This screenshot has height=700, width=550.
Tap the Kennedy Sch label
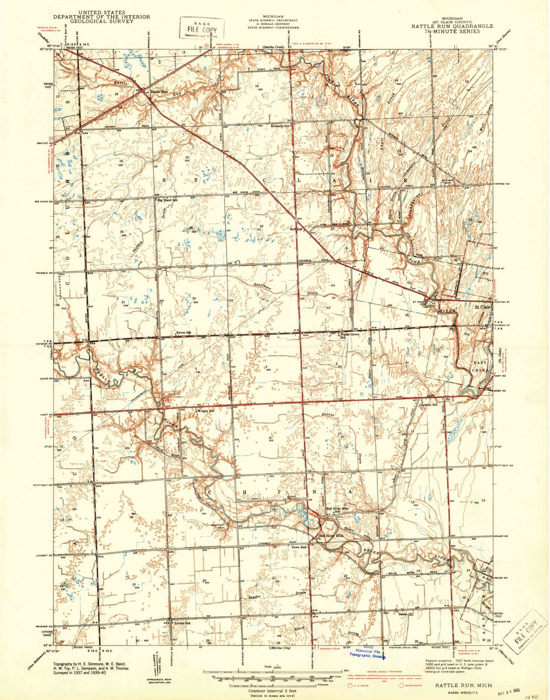(280, 126)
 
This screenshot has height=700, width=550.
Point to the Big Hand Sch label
(168, 200)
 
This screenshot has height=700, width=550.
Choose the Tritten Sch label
(182, 623)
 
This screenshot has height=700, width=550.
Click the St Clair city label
(482, 307)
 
